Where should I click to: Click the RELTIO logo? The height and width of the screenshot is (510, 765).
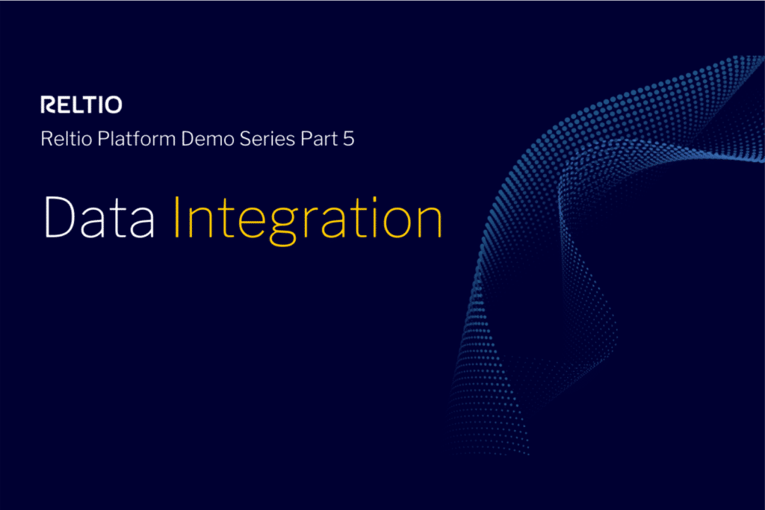click(81, 105)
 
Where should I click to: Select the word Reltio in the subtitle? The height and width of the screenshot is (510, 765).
click(66, 140)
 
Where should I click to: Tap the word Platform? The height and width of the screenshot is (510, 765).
click(137, 140)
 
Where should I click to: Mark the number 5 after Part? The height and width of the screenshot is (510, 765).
click(348, 140)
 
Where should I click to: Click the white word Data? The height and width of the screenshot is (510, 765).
click(99, 217)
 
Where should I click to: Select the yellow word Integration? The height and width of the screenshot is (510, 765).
click(307, 219)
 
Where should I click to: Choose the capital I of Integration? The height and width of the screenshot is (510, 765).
click(177, 217)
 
